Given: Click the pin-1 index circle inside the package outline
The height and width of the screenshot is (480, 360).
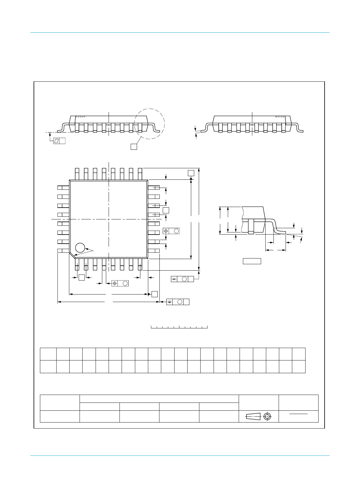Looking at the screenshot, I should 80,248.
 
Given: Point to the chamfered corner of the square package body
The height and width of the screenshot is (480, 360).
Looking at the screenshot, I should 72,256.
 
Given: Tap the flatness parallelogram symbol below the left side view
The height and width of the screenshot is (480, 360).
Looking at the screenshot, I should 56,141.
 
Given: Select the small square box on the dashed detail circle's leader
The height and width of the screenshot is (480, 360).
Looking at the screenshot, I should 133,146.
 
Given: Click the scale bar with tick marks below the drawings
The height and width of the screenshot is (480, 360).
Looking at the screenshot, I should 179,327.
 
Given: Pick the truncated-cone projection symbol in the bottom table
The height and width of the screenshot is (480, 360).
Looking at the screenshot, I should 253,416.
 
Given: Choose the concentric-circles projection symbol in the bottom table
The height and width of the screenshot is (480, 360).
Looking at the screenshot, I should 267,416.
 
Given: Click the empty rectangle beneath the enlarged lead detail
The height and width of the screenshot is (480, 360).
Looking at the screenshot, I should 252,261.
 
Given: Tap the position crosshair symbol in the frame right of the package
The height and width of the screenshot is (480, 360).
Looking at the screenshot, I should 166,231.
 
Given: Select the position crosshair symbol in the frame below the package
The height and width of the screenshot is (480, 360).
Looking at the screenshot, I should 115,283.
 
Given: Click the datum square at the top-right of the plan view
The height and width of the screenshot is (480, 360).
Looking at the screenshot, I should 191,173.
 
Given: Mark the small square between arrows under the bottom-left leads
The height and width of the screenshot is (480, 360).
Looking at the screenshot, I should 81,277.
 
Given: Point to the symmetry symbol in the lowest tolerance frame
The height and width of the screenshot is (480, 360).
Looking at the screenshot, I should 170,302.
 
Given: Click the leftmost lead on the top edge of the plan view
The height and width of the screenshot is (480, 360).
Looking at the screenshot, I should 77,174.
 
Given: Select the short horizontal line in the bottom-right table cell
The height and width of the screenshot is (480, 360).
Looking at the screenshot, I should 299,413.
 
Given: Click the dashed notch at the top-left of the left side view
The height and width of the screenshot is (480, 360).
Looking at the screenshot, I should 80,116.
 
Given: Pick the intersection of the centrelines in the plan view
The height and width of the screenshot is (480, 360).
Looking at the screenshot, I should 108,219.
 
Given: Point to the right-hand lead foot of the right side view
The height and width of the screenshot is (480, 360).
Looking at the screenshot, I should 300,130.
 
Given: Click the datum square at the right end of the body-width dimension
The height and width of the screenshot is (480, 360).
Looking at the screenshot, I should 154,294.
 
